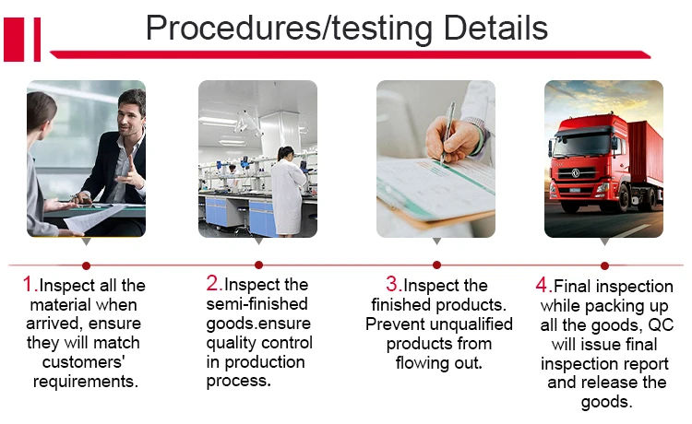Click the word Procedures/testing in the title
pos(289,29)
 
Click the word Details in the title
pos(495,28)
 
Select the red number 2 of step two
pos(212,283)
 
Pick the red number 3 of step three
pos(392,284)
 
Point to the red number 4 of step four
pos(542,285)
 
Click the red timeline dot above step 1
pos(86,265)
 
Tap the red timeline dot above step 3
pos(436,265)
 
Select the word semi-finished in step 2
pos(257,303)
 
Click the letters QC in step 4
pos(661,324)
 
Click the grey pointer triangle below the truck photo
pos(604,242)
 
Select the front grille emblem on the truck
pos(576,173)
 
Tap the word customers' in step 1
pos(84,362)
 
